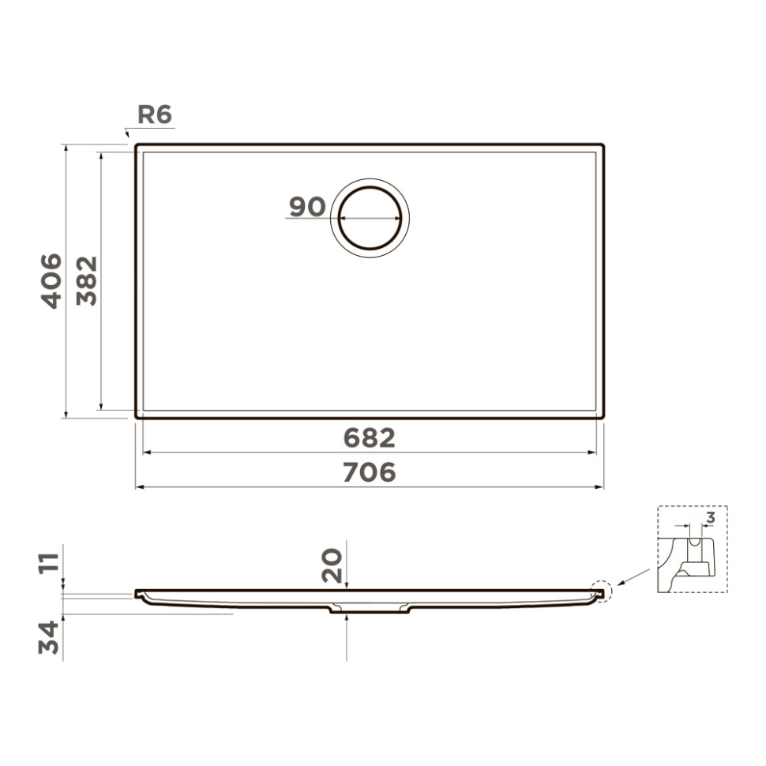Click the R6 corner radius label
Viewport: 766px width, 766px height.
click(154, 115)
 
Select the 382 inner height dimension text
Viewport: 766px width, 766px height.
click(86, 281)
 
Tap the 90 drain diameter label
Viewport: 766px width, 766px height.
click(306, 207)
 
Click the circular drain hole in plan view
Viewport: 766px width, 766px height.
click(370, 216)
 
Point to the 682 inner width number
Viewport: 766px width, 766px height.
click(369, 437)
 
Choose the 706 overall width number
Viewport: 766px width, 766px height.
click(369, 472)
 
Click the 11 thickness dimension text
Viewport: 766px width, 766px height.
click(50, 564)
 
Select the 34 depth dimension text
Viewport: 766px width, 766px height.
click(50, 637)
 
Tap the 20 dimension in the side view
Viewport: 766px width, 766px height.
click(333, 565)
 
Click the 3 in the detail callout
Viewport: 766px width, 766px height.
click(710, 518)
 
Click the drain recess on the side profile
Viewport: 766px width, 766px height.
click(370, 608)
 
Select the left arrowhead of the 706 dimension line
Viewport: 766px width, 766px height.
click(139, 487)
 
